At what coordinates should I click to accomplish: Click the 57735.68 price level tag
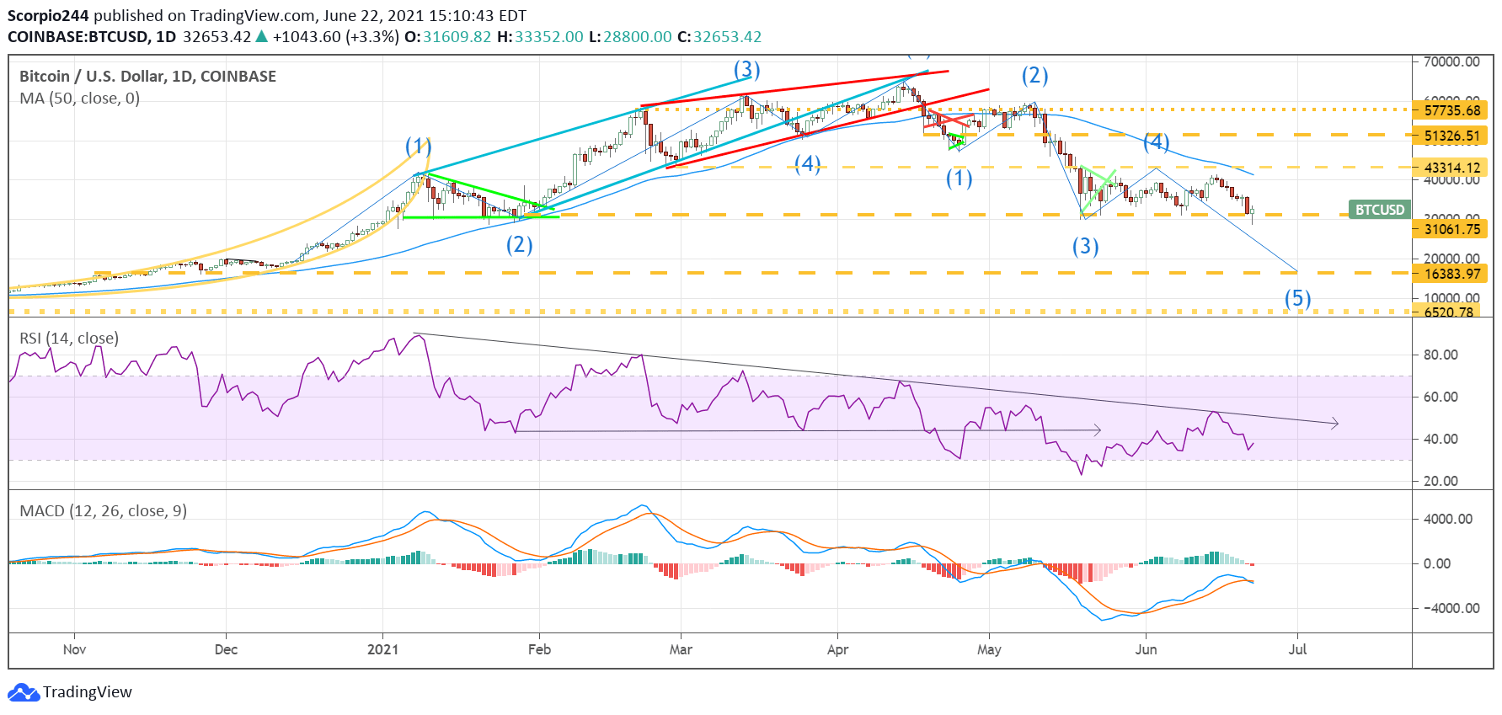[x=1451, y=110]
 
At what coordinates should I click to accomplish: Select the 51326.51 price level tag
[x=1451, y=136]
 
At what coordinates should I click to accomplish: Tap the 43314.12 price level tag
[x=1451, y=168]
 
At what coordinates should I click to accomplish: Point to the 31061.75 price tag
[x=1451, y=229]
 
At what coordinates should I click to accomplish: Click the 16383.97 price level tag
[x=1451, y=274]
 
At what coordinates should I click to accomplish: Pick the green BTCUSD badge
[x=1379, y=210]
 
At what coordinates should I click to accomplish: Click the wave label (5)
[x=1297, y=298]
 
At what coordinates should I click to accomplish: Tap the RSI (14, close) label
[x=69, y=339]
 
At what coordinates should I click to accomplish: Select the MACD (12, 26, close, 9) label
[x=103, y=511]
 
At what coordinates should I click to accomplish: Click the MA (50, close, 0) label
[x=79, y=99]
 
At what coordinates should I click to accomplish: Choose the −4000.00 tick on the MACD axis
[x=1447, y=608]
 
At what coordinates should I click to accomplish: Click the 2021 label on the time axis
[x=383, y=649]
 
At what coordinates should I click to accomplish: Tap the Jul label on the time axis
[x=1297, y=649]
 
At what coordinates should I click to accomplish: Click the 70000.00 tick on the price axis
[x=1451, y=61]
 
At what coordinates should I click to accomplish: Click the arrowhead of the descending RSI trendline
[x=1335, y=424]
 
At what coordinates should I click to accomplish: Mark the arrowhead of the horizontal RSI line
[x=1098, y=430]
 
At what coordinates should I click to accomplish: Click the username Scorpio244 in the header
[x=48, y=16]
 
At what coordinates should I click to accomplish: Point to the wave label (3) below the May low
[x=1085, y=246]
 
